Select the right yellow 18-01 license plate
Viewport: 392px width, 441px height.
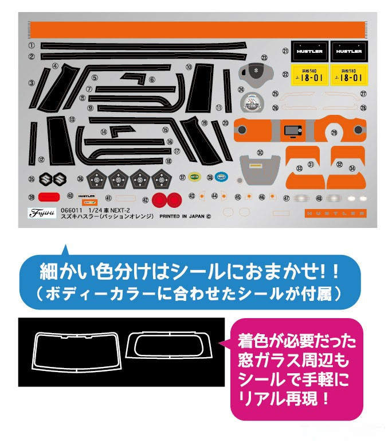pyautogui.click(x=349, y=75)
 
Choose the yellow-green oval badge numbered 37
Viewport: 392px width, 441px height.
pyautogui.click(x=194, y=177)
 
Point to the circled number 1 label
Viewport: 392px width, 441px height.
pyautogui.click(x=32, y=45)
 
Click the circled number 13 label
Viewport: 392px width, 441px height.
pyautogui.click(x=72, y=120)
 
